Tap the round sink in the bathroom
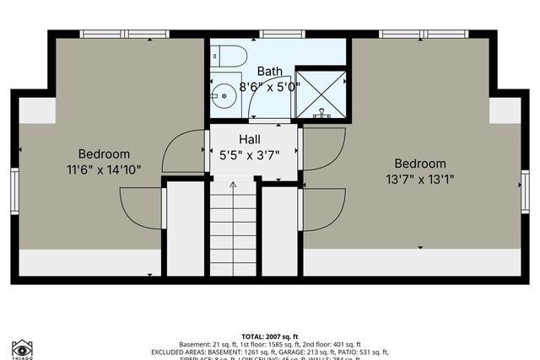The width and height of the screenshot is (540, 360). [x=224, y=94]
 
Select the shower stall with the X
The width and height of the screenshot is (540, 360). [x=321, y=93]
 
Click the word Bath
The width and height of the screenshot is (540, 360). [x=270, y=71]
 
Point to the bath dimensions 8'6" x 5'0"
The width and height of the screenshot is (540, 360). [x=270, y=86]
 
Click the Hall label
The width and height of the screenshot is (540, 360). [x=250, y=139]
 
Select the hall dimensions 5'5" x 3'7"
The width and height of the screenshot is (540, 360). [x=250, y=154]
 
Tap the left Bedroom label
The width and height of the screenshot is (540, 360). [x=104, y=153]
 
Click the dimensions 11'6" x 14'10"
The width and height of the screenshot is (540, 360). [x=104, y=169]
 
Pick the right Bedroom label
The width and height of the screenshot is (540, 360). [x=419, y=163]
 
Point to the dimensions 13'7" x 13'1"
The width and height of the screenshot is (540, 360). [x=419, y=179]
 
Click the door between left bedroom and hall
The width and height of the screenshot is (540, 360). [x=184, y=153]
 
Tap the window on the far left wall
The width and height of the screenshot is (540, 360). [x=15, y=189]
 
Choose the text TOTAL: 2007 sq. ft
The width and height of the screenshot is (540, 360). [x=269, y=336]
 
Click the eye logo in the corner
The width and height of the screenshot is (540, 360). [x=22, y=347]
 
